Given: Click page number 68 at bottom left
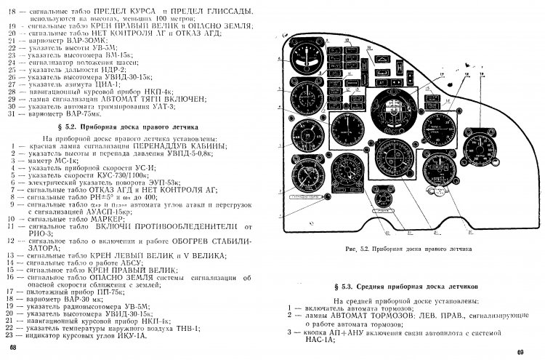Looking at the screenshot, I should tap(11, 352).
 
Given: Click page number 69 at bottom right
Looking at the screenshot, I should tap(520, 353).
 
